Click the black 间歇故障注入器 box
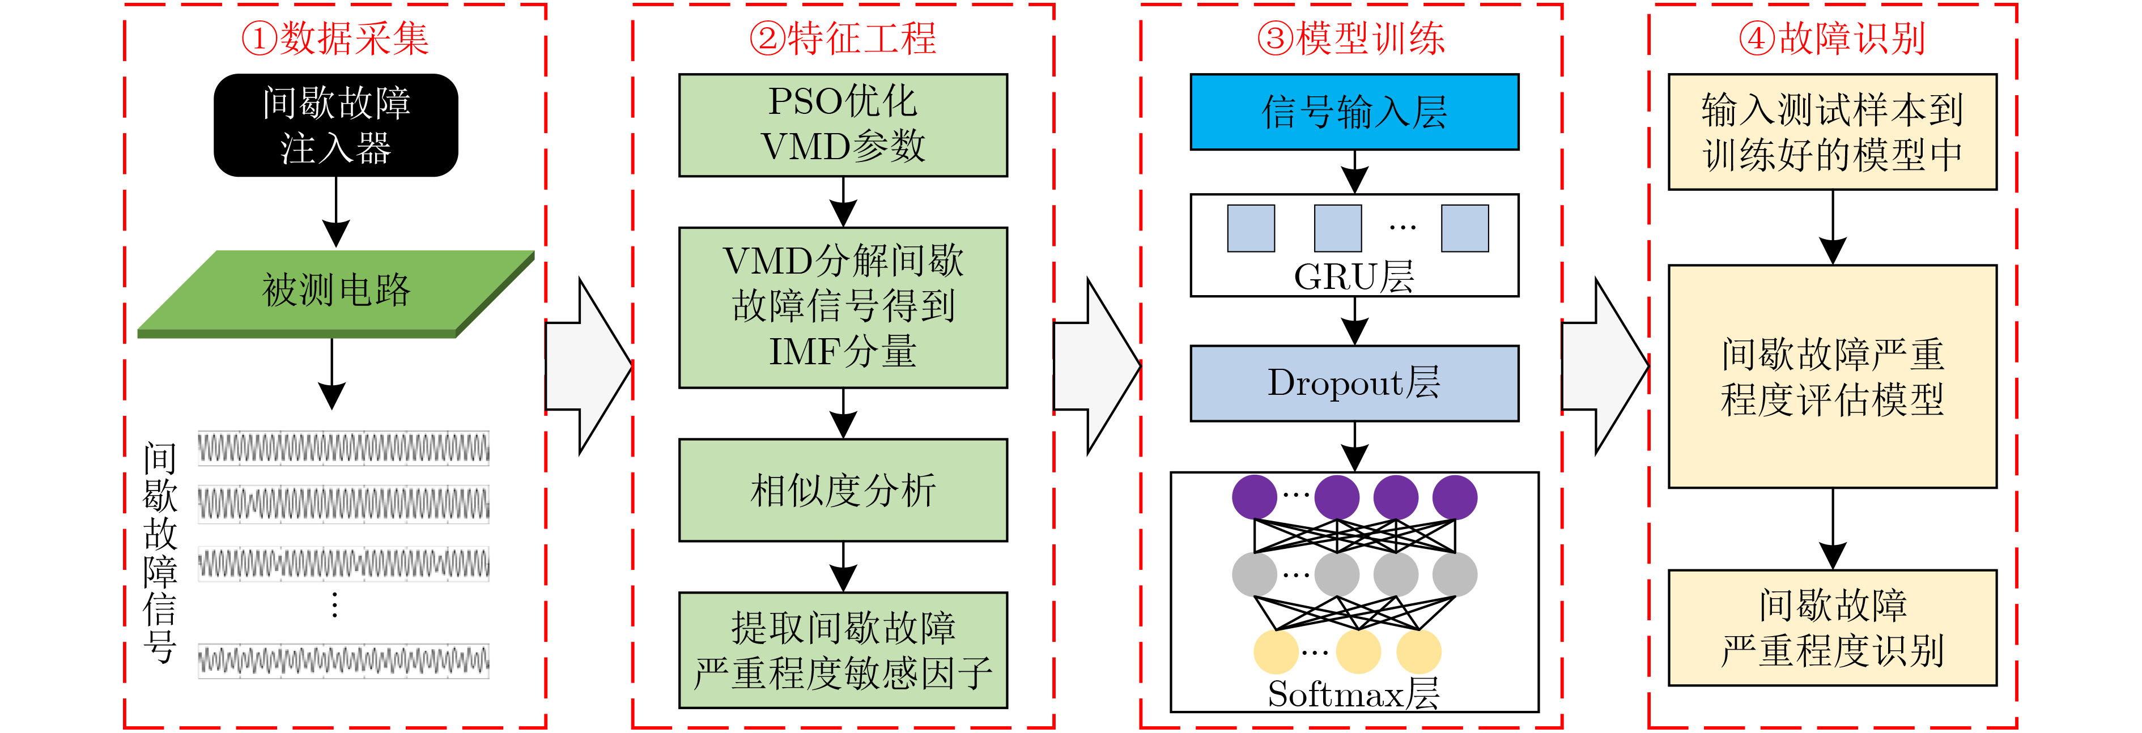click(336, 126)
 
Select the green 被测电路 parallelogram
click(336, 293)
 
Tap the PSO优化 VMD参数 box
click(843, 126)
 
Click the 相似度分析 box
click(843, 491)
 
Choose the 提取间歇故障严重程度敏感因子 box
click(843, 650)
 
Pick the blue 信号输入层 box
click(1354, 112)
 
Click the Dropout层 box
click(1354, 383)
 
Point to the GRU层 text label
click(1354, 277)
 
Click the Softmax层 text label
click(1354, 694)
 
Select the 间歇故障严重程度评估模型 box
click(1833, 377)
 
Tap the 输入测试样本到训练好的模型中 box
click(1833, 132)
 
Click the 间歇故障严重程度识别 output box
click(1833, 628)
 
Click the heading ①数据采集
click(335, 38)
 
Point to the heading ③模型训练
click(1351, 38)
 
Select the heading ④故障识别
click(1833, 38)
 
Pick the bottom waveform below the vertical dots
click(343, 660)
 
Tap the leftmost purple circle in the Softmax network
click(1255, 497)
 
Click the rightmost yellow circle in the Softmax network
click(1418, 651)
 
